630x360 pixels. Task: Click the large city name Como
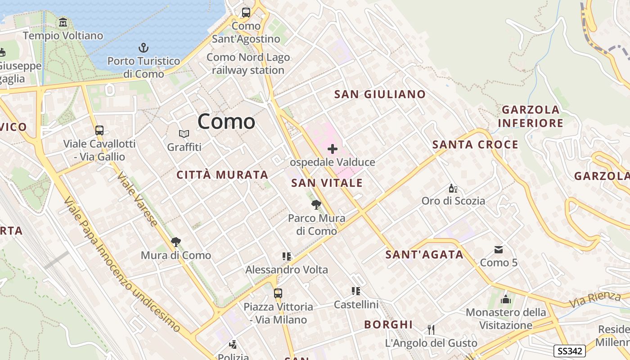[x=226, y=121]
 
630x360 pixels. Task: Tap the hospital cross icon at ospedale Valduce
[x=333, y=149]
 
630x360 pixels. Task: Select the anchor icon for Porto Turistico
[x=143, y=48]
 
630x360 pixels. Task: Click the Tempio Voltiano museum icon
[x=63, y=22]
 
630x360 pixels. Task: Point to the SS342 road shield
[x=569, y=351]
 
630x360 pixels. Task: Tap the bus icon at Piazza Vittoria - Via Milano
[x=278, y=293]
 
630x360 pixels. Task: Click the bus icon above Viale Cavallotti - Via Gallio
[x=99, y=130]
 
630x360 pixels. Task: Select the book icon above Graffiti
[x=184, y=134]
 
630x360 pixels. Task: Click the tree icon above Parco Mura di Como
[x=316, y=205]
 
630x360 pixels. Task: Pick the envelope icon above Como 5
[x=499, y=249]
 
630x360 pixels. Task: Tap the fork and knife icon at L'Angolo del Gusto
[x=431, y=330]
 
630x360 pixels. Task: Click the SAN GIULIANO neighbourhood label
[x=380, y=94]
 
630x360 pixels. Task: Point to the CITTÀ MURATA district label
[x=222, y=175]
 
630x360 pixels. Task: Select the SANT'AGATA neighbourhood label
[x=424, y=255]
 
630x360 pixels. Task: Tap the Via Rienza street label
[x=595, y=299]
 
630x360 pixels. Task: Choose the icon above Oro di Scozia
[x=453, y=188]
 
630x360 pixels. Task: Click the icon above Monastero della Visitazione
[x=506, y=299]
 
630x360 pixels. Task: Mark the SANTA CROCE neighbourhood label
[x=475, y=144]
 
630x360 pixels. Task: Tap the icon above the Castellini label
[x=356, y=291]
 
